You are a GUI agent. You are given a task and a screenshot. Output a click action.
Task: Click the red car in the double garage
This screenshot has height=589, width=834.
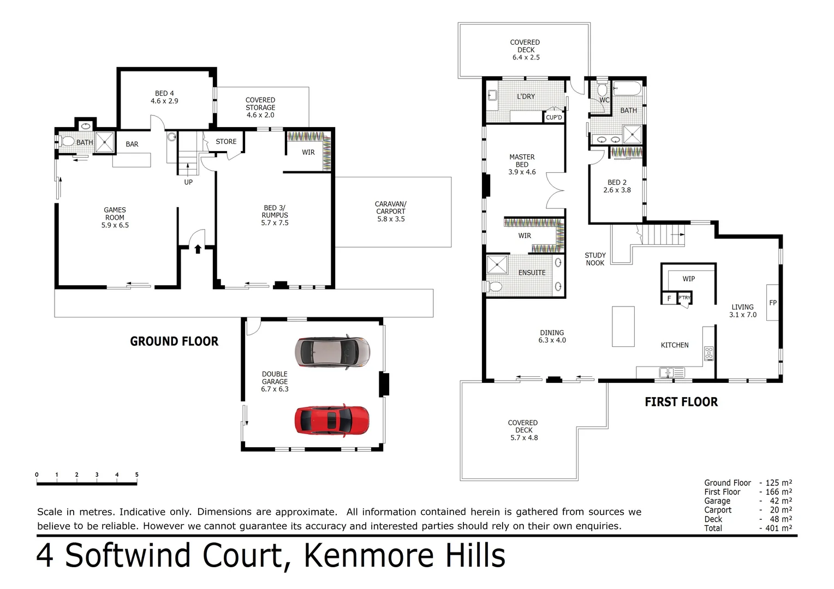tap(332, 420)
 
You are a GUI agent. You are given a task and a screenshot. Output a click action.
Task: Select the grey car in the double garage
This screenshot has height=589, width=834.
tap(332, 352)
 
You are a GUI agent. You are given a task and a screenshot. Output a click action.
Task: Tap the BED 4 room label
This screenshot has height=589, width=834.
tap(164, 97)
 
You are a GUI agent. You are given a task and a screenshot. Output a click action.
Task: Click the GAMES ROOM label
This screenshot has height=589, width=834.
tap(115, 217)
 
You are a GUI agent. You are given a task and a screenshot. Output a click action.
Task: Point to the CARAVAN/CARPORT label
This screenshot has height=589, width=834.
tap(391, 212)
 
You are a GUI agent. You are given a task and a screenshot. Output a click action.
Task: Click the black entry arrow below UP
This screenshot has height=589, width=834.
tap(198, 249)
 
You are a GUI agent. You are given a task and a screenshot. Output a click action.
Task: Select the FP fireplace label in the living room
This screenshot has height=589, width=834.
tap(773, 303)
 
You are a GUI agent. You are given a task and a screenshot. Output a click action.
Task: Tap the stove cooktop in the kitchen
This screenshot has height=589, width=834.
tap(709, 353)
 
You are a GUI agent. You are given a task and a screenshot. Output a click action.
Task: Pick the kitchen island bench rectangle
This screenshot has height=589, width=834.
tap(623, 326)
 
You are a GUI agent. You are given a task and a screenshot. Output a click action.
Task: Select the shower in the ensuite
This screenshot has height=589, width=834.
tap(497, 265)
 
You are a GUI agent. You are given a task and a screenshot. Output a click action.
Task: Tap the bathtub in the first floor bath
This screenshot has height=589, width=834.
tap(628, 88)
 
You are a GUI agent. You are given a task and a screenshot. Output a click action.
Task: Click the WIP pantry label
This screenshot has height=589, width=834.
tap(689, 279)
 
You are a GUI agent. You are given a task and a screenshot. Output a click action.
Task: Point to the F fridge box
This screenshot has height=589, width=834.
tap(669, 299)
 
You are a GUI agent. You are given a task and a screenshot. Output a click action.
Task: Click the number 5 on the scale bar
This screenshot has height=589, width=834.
tap(136, 474)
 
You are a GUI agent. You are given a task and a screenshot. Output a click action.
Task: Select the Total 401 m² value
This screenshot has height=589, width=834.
tap(777, 528)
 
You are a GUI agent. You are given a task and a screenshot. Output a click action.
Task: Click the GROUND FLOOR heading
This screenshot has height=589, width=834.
tap(174, 341)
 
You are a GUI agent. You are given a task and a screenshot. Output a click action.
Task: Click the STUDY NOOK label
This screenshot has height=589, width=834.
tap(595, 259)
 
